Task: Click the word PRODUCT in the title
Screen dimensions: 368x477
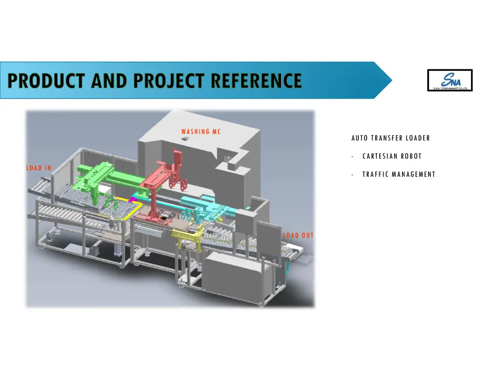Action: pyautogui.click(x=47, y=81)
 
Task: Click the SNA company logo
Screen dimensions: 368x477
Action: pyautogui.click(x=450, y=80)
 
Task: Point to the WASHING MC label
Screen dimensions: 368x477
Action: pyautogui.click(x=201, y=132)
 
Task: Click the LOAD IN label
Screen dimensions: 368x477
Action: pyautogui.click(x=39, y=168)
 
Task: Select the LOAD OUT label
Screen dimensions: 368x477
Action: pyautogui.click(x=298, y=235)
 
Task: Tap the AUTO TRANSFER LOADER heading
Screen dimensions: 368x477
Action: pyautogui.click(x=390, y=138)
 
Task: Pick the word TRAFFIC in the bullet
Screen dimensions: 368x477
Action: pyautogui.click(x=375, y=174)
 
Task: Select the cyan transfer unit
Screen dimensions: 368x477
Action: pyautogui.click(x=205, y=205)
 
